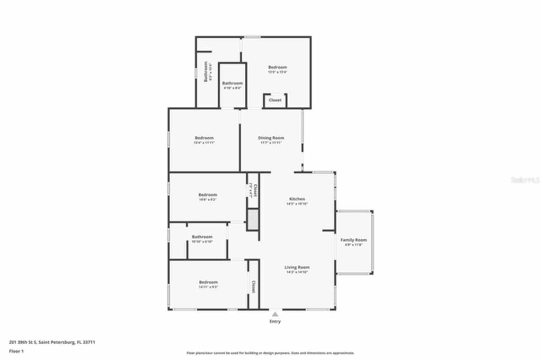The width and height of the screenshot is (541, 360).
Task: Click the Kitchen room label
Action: pos(297,199)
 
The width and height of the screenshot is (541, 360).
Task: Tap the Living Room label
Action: pos(297,267)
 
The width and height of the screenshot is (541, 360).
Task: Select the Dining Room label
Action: pos(271,138)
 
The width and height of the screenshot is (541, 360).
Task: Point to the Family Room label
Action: pos(354,240)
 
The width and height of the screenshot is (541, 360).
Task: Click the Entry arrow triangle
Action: pos(275,314)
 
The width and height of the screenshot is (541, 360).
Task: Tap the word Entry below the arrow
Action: pos(275,322)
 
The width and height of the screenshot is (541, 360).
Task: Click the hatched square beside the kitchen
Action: pos(253,220)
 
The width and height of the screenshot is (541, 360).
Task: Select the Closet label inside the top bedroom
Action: pos(275,100)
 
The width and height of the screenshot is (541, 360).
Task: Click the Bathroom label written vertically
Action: pos(206,72)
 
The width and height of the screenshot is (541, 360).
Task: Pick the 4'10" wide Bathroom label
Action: pos(232,83)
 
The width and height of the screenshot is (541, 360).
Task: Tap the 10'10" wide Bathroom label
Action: pos(202,237)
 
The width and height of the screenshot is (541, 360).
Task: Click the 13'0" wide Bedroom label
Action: pos(278,67)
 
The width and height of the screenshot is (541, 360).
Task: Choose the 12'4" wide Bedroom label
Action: pos(204,138)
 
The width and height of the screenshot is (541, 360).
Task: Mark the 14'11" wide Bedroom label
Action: pos(208,282)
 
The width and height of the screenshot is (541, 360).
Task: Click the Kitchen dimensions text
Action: pos(297,204)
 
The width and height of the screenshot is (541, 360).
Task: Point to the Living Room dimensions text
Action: pos(297,272)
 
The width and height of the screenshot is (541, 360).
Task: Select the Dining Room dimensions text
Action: pos(271,143)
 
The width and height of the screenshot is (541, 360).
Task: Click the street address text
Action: pos(52,342)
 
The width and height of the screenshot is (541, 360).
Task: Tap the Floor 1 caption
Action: pos(16,351)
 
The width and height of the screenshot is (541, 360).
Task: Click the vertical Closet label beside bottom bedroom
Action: pos(253,287)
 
